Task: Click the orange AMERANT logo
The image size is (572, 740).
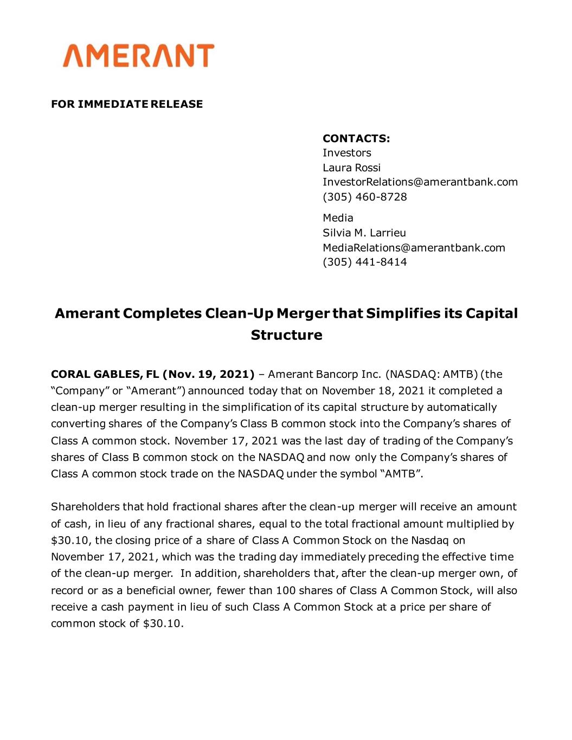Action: (x=139, y=56)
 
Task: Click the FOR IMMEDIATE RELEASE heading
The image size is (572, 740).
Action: (x=127, y=104)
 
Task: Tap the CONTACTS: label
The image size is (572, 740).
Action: (x=356, y=138)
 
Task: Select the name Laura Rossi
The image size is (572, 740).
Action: (x=351, y=168)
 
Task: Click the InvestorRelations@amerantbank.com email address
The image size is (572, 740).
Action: (x=420, y=182)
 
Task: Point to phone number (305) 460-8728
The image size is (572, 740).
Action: (x=364, y=197)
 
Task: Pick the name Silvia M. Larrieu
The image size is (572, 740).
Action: (x=364, y=233)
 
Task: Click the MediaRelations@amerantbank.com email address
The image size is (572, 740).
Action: (x=414, y=248)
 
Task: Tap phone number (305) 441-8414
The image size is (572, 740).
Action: (x=364, y=262)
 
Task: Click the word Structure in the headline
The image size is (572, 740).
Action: (x=286, y=335)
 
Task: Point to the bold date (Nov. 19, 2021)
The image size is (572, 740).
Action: (x=208, y=374)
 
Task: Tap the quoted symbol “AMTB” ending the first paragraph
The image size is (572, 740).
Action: (x=403, y=474)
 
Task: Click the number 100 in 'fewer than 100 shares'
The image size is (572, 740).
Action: (x=285, y=590)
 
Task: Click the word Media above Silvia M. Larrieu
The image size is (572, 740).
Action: (x=338, y=218)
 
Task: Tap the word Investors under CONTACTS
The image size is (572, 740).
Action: (x=346, y=153)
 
